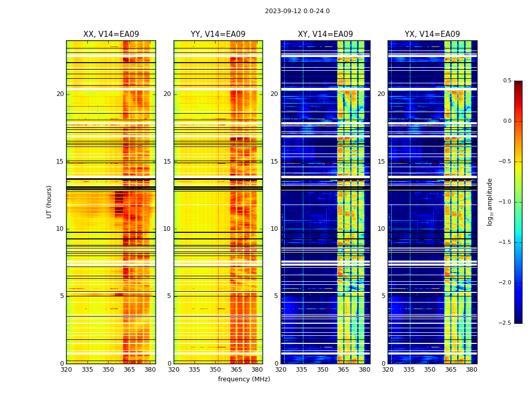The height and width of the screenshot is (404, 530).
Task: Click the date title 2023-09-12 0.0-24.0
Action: tap(297, 11)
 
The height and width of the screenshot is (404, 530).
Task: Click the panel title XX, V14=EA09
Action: tap(111, 34)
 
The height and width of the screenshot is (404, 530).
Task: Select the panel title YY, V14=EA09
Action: tap(218, 34)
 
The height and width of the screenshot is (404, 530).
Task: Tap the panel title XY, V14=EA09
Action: tap(325, 34)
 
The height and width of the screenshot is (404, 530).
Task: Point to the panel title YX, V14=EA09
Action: tap(432, 34)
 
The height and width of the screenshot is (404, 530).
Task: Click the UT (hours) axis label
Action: tap(49, 201)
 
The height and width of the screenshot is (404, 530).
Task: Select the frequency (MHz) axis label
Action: tap(244, 379)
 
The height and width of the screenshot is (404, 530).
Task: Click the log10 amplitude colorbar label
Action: tap(490, 201)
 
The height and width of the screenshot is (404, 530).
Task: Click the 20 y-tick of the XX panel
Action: tap(60, 94)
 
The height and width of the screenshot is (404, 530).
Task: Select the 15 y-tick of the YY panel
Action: tap(167, 162)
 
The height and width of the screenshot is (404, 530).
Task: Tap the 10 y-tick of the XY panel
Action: tap(274, 229)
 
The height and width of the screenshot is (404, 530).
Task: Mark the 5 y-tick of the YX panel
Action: tap(383, 296)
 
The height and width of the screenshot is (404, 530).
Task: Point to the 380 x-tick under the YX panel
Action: tap(471, 370)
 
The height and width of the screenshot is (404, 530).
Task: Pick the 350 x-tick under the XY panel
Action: tap(323, 370)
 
